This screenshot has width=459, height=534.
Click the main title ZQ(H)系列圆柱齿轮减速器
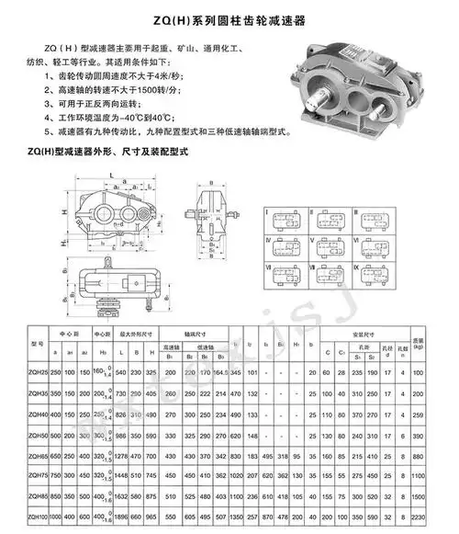coord(229,17)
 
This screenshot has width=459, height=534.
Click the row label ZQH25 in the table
coord(39,371)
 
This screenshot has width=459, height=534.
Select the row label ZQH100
coord(39,517)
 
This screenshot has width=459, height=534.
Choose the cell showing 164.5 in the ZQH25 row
coord(221,371)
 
